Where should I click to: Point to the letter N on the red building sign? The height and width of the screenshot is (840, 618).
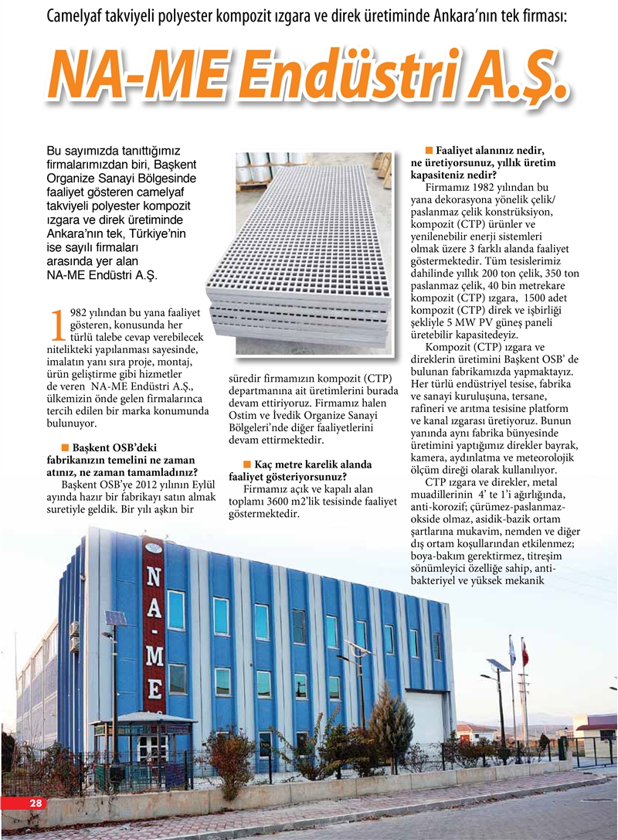coord(153,576)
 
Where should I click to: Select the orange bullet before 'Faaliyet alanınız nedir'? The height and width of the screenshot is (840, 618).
coord(428,149)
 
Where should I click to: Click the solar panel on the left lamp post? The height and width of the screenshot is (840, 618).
coord(114,618)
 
